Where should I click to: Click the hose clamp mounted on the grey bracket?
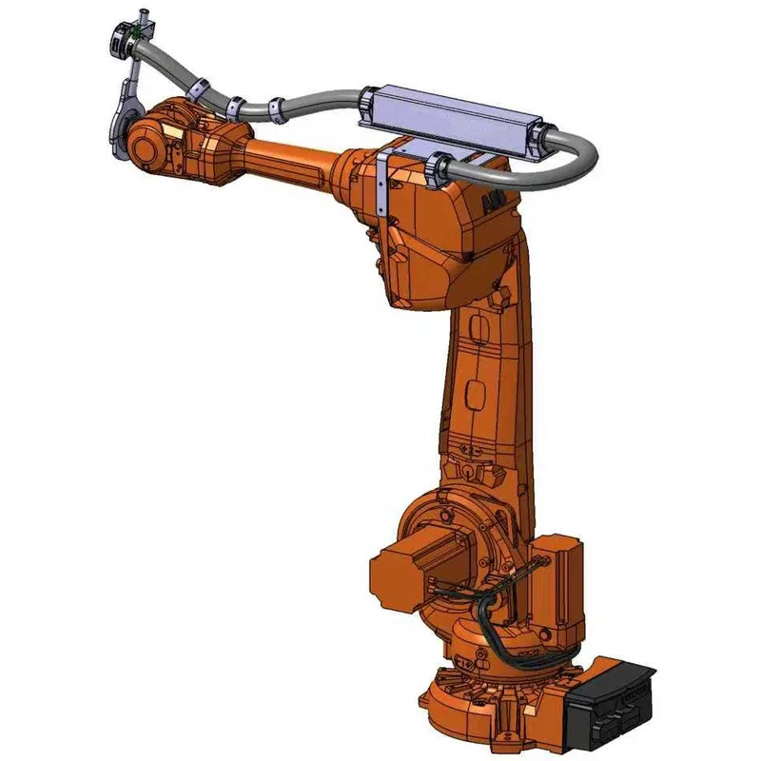441,167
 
